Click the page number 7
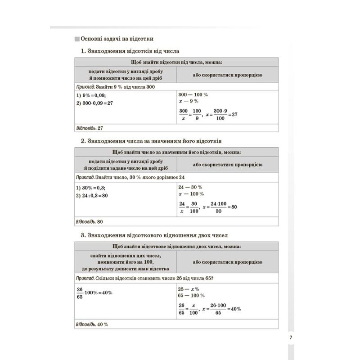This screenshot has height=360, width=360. pyautogui.click(x=291, y=337)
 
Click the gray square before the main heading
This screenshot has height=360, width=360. pyautogui.click(x=76, y=38)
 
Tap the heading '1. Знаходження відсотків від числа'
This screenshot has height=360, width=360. pyautogui.click(x=130, y=51)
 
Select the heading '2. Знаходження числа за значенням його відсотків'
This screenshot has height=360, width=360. pyautogui.click(x=152, y=140)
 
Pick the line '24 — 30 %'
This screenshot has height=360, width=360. pyautogui.click(x=191, y=187)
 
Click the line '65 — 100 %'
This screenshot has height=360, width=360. pyautogui.click(x=191, y=296)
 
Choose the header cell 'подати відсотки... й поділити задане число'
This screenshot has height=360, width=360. pyautogui.click(x=125, y=165)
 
